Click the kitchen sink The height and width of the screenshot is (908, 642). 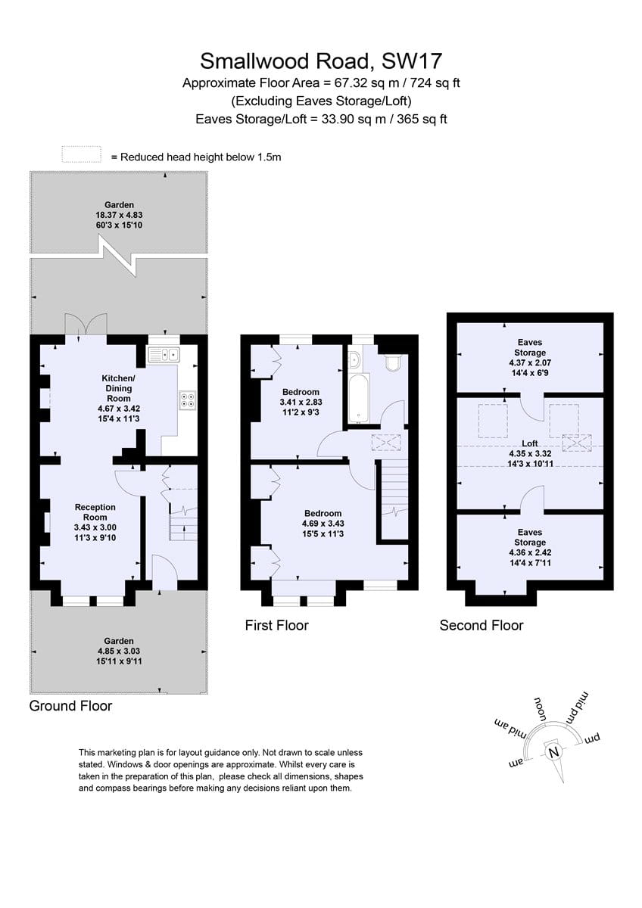(164, 355)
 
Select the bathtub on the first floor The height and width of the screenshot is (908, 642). (359, 399)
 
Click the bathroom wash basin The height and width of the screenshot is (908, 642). (354, 360)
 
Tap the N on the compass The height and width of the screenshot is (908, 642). (553, 752)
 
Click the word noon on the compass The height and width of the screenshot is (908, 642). (541, 708)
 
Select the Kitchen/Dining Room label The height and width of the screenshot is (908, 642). (118, 388)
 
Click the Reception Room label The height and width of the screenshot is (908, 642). (95, 512)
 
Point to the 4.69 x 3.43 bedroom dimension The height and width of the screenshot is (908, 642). (323, 524)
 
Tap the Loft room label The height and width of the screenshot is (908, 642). (530, 443)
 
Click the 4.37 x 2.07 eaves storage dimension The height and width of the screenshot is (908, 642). (530, 362)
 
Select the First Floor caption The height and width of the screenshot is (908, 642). (276, 625)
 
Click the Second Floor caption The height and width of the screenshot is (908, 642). (481, 625)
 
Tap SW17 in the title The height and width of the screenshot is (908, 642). (411, 61)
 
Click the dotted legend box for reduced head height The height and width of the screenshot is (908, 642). (82, 154)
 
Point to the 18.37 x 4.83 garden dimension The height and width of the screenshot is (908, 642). (119, 215)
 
